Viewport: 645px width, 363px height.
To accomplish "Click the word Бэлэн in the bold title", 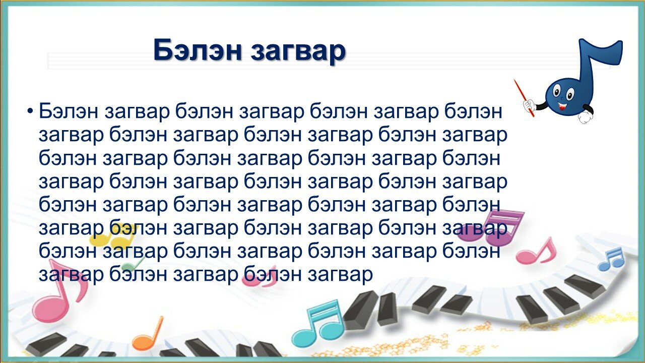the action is tap(197, 50).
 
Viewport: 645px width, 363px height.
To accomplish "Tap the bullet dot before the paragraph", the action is tap(30, 111).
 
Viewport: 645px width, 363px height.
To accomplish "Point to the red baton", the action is tap(524, 98).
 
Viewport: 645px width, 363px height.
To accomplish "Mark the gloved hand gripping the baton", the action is tap(529, 105).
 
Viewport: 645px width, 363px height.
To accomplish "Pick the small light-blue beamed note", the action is tap(610, 260).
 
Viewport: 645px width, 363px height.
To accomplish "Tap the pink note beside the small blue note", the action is tap(536, 252).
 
